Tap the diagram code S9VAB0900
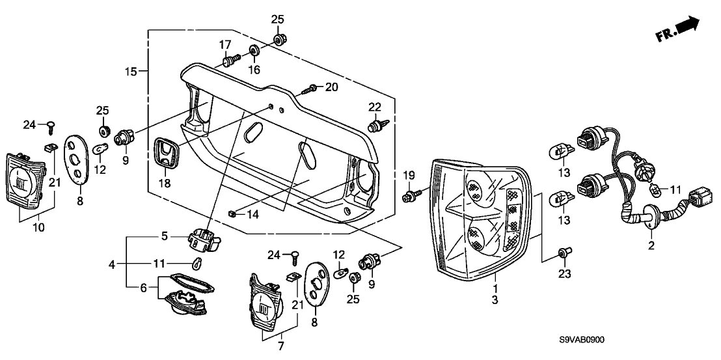[582, 340]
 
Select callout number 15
[131, 71]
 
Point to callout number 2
[651, 245]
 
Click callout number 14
[252, 214]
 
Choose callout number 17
[225, 45]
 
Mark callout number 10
[38, 227]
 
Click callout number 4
[112, 264]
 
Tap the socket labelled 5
[204, 239]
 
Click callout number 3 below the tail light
[495, 300]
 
